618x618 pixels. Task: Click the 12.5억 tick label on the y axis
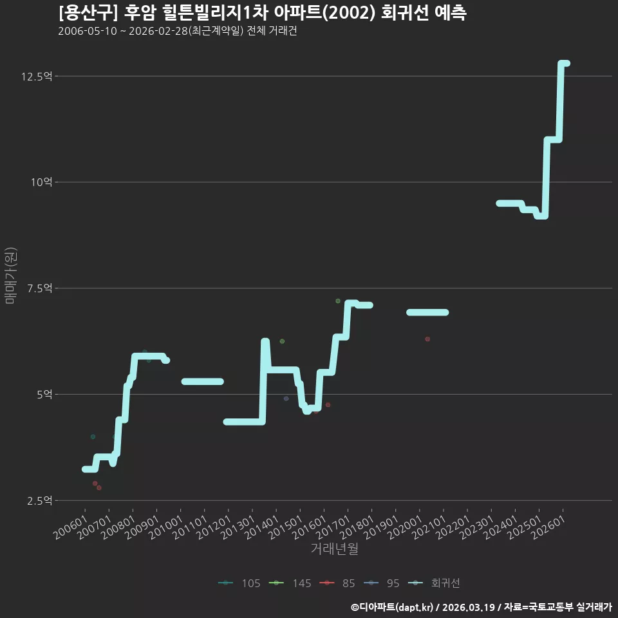[x=37, y=76]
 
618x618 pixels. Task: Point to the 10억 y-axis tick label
[x=41, y=182]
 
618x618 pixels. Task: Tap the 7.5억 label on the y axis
[x=39, y=288]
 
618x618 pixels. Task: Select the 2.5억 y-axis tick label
[x=39, y=501]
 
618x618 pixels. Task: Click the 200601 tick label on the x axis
[x=71, y=527]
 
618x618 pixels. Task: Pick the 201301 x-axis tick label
[x=238, y=527]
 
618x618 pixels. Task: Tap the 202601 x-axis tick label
[x=548, y=527]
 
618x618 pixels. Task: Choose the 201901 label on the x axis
[x=382, y=527]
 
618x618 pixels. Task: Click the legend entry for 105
[x=239, y=583]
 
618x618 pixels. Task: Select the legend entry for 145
[x=290, y=583]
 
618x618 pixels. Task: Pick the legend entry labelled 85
[x=337, y=583]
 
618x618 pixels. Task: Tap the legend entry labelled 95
[x=382, y=583]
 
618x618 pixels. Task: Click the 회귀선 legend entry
[x=433, y=583]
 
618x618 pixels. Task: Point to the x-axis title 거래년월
[x=335, y=548]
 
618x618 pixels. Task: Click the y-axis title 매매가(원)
[x=10, y=276]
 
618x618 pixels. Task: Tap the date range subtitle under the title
[x=178, y=31]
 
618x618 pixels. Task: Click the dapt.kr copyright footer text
[x=482, y=607]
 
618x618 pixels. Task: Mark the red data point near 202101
[x=427, y=339]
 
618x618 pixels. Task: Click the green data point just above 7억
[x=338, y=301]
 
